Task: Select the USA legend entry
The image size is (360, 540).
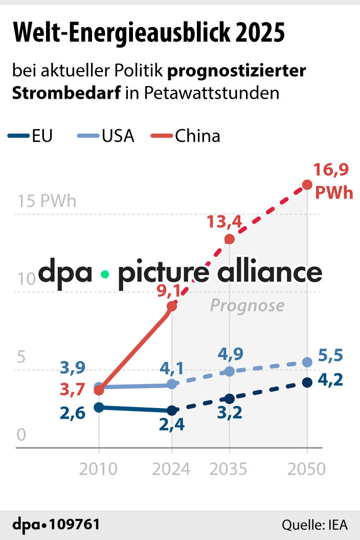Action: (x=106, y=136)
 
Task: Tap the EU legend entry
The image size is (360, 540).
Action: (x=31, y=136)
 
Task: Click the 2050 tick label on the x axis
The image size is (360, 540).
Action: (x=307, y=468)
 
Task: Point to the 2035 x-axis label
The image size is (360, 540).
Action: (x=229, y=468)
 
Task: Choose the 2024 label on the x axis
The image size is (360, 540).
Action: (x=172, y=468)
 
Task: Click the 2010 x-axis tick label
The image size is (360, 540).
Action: (x=98, y=468)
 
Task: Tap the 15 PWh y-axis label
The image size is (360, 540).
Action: (x=47, y=201)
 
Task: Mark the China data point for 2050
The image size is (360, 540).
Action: (x=307, y=185)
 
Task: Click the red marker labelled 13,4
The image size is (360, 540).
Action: (x=230, y=239)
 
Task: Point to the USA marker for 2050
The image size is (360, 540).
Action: (x=307, y=362)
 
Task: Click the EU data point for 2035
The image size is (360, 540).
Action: (x=230, y=399)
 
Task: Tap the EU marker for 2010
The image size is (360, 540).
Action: (x=99, y=407)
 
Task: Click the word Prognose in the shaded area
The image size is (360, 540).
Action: (x=247, y=306)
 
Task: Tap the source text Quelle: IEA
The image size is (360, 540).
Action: (x=314, y=525)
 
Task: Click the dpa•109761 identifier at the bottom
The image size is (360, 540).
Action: (x=56, y=525)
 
